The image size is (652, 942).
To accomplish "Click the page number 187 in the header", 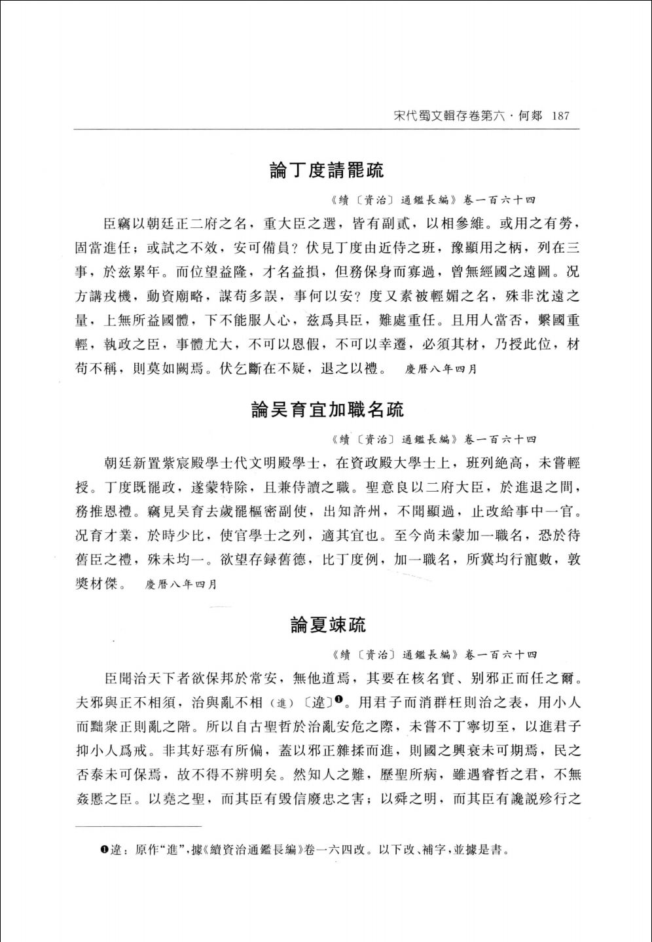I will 562,117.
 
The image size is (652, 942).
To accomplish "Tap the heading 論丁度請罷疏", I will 327,170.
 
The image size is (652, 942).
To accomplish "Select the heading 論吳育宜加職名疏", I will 327,410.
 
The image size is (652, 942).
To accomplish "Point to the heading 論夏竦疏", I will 328,625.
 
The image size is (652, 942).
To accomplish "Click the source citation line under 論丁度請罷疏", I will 433,200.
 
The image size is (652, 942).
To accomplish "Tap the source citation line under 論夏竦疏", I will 433,654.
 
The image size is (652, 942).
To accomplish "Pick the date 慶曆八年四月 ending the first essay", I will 441,369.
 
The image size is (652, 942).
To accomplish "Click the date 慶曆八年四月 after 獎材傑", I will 181,583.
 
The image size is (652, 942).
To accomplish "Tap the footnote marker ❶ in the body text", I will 340,700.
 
